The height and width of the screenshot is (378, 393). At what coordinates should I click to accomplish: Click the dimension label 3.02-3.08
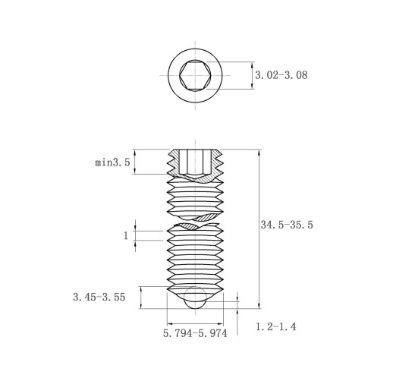[x=281, y=75]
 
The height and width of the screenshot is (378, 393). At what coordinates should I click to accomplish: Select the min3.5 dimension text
[x=112, y=162]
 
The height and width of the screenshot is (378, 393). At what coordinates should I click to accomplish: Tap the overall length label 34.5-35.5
[x=287, y=225]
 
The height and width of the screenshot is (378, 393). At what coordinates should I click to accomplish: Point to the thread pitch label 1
[x=126, y=235]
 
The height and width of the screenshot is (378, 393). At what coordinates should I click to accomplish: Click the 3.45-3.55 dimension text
[x=99, y=297]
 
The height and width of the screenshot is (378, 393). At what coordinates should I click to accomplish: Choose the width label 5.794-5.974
[x=195, y=333]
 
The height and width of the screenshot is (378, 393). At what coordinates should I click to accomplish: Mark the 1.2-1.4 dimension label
[x=276, y=326]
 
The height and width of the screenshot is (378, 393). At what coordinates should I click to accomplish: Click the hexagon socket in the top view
[x=195, y=75]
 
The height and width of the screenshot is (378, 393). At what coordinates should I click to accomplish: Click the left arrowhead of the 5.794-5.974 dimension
[x=170, y=323]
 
